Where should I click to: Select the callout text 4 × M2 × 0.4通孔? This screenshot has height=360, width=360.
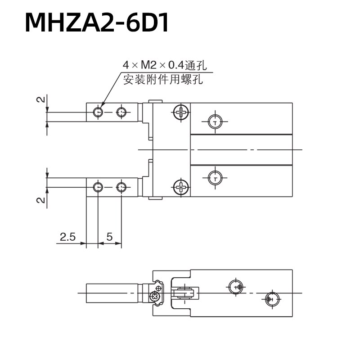click(x=165, y=65)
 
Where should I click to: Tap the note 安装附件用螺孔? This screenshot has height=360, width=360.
click(x=163, y=81)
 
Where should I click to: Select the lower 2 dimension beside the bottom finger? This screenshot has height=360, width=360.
click(x=40, y=199)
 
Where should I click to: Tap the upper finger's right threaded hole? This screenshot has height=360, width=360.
click(x=121, y=112)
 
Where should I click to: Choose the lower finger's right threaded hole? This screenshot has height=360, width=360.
click(x=121, y=187)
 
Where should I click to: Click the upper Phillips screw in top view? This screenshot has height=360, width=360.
click(x=181, y=112)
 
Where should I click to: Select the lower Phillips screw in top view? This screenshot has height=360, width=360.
click(x=181, y=186)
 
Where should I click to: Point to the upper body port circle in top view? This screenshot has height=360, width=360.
click(x=216, y=121)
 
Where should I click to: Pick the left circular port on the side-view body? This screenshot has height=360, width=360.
click(x=235, y=287)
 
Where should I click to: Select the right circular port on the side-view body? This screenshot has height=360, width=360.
click(x=270, y=298)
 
